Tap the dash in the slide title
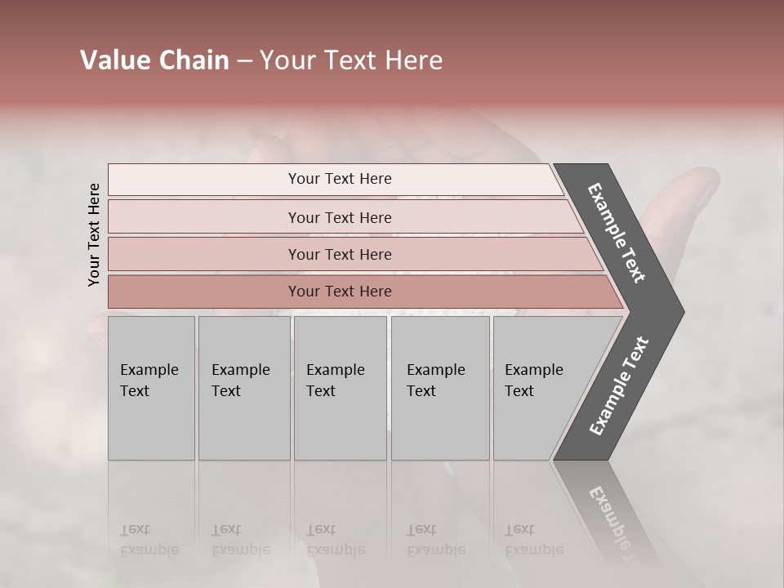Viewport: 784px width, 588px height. [244, 61]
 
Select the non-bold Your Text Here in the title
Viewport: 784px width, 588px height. [351, 60]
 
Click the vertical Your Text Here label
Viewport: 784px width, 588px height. [94, 235]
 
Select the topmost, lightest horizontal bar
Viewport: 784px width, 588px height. [339, 179]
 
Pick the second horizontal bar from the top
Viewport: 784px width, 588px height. [339, 217]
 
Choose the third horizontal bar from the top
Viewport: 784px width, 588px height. [339, 254]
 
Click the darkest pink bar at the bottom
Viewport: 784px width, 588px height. [339, 292]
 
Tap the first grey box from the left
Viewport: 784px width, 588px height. [151, 387]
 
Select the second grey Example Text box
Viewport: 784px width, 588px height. [243, 387]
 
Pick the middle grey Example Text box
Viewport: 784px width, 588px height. [340, 387]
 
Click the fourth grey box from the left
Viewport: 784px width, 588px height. [439, 387]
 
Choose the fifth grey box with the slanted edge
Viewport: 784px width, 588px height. [539, 387]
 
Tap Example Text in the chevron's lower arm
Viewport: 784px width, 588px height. [619, 385]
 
